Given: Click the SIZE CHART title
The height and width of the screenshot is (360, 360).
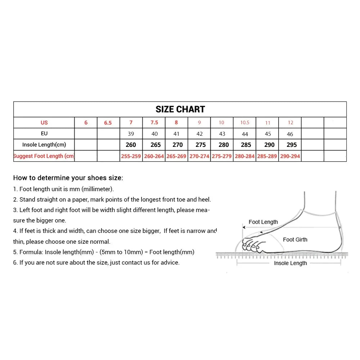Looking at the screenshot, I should (x=180, y=109).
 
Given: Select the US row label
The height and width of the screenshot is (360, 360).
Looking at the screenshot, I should (x=44, y=123).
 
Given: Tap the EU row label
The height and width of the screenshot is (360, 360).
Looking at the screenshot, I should (x=44, y=134).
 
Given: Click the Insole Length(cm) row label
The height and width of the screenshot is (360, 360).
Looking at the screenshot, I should (x=44, y=145).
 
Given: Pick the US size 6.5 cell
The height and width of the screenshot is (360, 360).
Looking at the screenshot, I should (x=108, y=123).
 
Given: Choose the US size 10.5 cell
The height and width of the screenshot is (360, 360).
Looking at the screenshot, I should (x=245, y=123).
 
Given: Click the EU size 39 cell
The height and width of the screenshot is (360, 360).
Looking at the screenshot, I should (x=131, y=134).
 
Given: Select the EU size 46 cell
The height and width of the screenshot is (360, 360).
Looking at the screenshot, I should (x=290, y=134).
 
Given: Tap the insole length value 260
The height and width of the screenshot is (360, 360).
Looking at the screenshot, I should (x=131, y=145).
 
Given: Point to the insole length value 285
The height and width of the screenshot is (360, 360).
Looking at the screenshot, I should (x=246, y=145).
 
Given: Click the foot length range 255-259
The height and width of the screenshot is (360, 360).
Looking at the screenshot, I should (x=131, y=156).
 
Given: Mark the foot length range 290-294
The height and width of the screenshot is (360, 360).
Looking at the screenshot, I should (x=290, y=156).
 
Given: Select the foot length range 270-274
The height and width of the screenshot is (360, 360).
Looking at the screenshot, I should (x=199, y=156).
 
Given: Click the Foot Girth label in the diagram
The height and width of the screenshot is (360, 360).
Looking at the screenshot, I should (x=295, y=239).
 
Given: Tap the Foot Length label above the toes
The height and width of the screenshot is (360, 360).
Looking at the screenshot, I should (x=263, y=222).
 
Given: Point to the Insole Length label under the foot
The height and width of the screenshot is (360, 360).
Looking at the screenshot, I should (x=290, y=263).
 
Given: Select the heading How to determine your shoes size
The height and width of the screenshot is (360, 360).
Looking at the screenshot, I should (x=68, y=178).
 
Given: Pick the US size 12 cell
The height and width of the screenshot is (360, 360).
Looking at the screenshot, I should (x=290, y=123).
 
